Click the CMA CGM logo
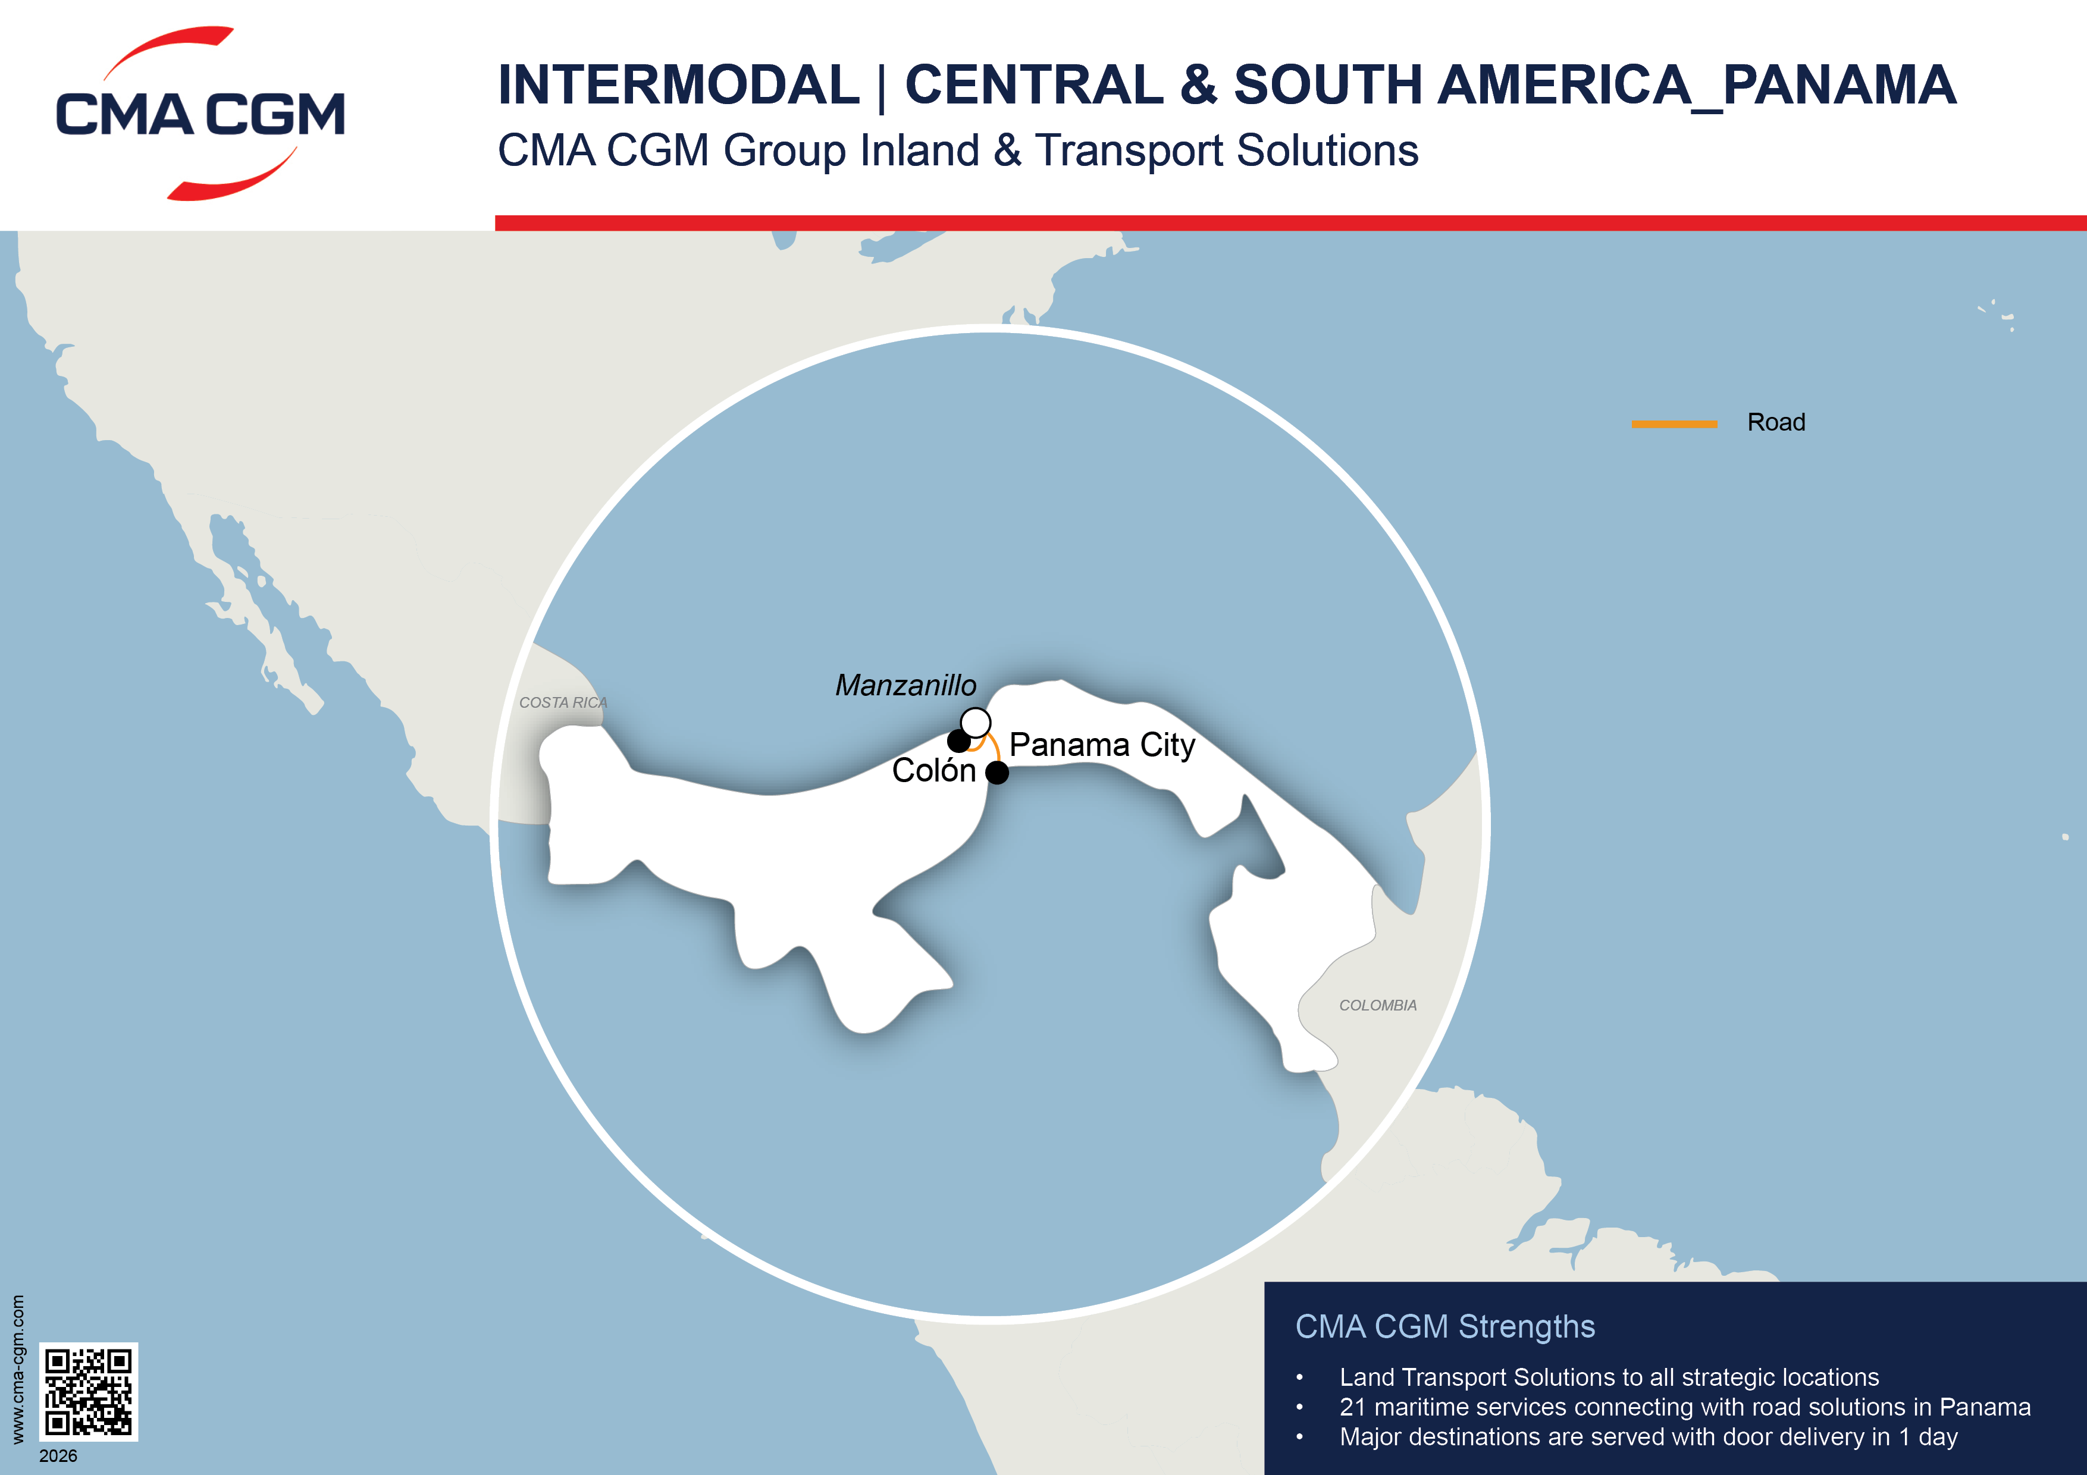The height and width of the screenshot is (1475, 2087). coord(200,114)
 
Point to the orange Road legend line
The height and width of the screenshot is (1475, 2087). coord(1674,423)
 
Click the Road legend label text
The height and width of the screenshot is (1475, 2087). coord(1775,423)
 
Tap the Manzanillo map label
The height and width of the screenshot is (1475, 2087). coord(905,685)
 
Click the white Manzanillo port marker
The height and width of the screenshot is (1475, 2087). coord(975,723)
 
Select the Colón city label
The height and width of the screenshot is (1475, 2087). coord(933,771)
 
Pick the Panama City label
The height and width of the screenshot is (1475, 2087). coord(1102,745)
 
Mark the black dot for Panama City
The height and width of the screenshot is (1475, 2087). coord(997,773)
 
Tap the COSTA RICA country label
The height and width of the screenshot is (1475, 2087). coord(563,702)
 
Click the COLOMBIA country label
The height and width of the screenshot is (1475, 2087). coord(1377,1005)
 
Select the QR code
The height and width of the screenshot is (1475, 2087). coord(88,1391)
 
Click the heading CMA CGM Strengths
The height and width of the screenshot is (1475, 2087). coord(1444,1327)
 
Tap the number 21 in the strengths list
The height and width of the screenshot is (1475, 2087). coord(1352,1407)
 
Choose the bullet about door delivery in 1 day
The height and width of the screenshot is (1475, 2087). coord(1647,1437)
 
